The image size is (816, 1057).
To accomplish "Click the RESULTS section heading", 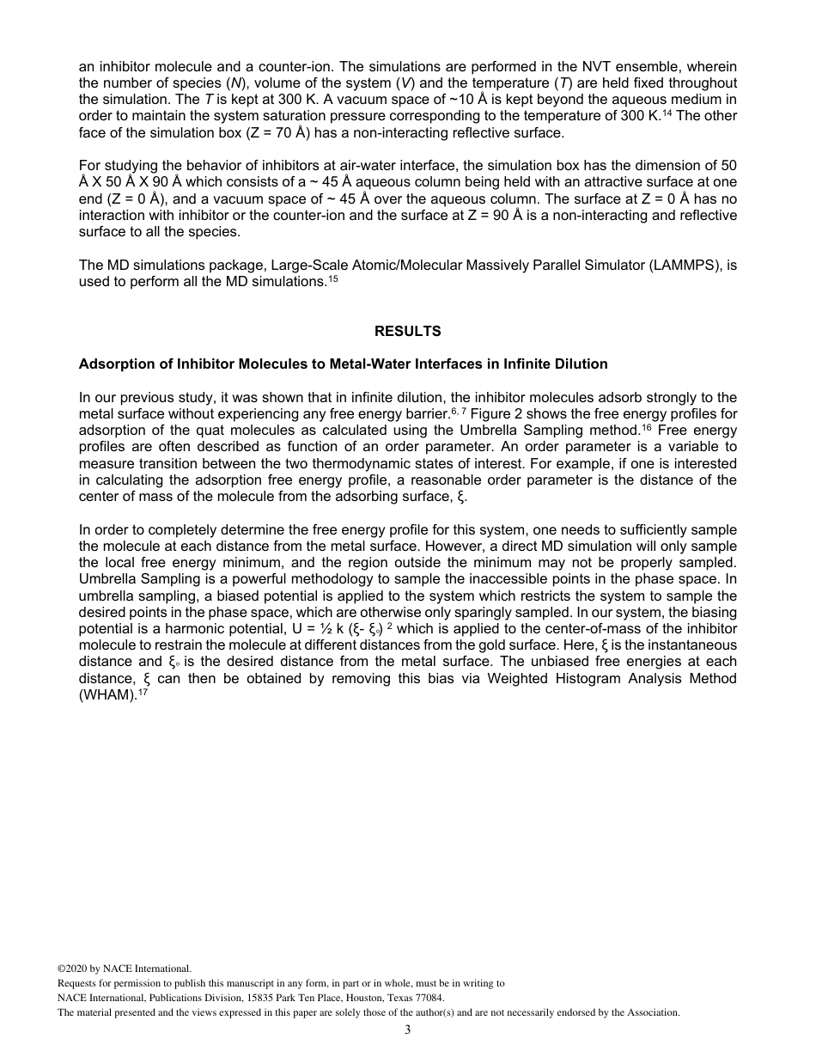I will [407, 331].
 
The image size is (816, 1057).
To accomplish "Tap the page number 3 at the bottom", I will [407, 1030].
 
